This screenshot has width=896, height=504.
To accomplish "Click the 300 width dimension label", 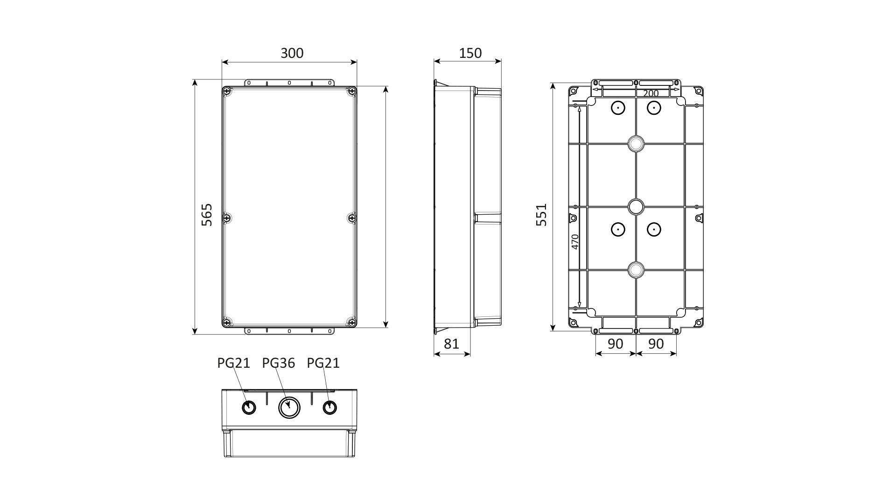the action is tap(292, 53).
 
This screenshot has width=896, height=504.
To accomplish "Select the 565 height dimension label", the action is tap(207, 215).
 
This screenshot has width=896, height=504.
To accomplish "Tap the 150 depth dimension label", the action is tap(470, 53).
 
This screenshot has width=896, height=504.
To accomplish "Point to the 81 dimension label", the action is tap(451, 344).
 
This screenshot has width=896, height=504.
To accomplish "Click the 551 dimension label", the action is tap(541, 215).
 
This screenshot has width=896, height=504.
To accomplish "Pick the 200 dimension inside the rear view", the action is tap(651, 93).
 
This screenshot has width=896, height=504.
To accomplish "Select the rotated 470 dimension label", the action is tap(575, 242).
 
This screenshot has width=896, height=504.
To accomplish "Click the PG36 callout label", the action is tap(279, 363).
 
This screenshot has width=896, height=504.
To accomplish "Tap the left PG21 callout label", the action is tap(234, 363).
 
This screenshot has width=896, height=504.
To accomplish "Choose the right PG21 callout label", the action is tap(323, 363).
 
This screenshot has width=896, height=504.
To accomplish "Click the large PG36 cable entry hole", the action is tap(289, 407).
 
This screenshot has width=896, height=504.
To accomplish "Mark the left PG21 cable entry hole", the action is tap(249, 407).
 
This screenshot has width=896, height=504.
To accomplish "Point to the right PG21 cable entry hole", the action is tap(330, 407).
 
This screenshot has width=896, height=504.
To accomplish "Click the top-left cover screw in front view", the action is tap(227, 91).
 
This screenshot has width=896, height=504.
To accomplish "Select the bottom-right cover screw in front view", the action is tap(351, 322).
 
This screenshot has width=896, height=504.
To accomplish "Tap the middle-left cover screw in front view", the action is tap(227, 217).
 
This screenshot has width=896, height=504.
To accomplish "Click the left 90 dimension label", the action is tap(616, 344).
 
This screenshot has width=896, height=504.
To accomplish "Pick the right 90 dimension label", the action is tap(656, 344).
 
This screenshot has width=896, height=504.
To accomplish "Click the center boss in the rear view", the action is tap(636, 206).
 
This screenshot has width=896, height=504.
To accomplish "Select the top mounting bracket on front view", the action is tap(289, 83).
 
